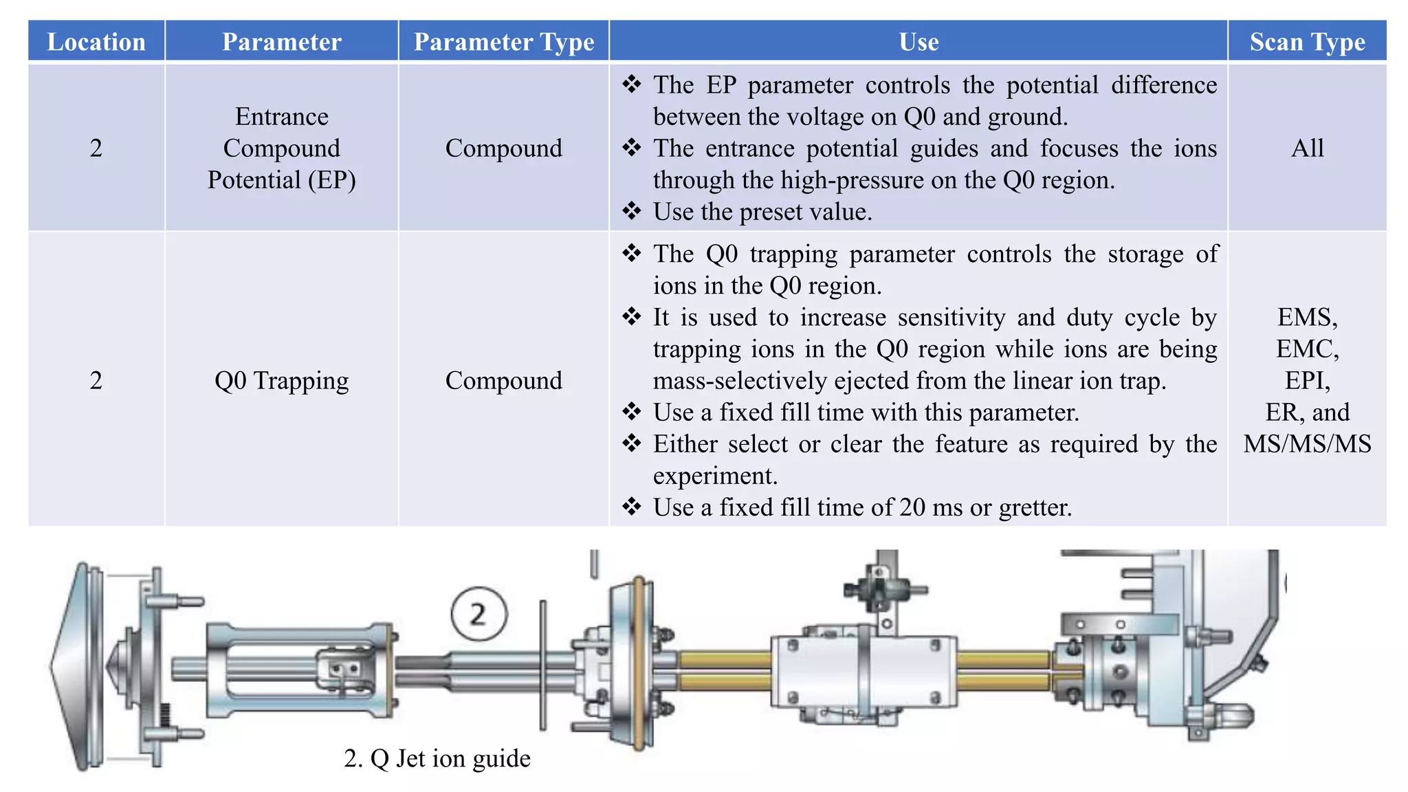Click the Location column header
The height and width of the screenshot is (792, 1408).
pos(96,42)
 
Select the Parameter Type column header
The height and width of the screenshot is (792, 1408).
pos(503,42)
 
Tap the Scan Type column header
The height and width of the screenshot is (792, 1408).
pos(1307,42)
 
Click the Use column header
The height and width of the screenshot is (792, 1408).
pos(918,42)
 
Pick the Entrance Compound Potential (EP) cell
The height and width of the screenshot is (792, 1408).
pos(281,148)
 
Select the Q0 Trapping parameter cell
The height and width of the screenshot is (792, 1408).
pos(281,380)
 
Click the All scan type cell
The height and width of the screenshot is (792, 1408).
pos(1307,148)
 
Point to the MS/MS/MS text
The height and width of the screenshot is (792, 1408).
pos(1307,444)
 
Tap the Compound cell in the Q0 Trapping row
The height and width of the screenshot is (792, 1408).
pos(503,380)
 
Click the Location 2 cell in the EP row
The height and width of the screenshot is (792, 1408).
pos(96,148)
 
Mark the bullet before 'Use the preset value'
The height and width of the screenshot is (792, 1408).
pos(631,210)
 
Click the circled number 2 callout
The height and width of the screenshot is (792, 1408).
pos(479,614)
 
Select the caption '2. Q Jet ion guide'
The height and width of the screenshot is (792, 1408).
pos(437,758)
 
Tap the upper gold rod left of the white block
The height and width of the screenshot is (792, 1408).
pos(725,660)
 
